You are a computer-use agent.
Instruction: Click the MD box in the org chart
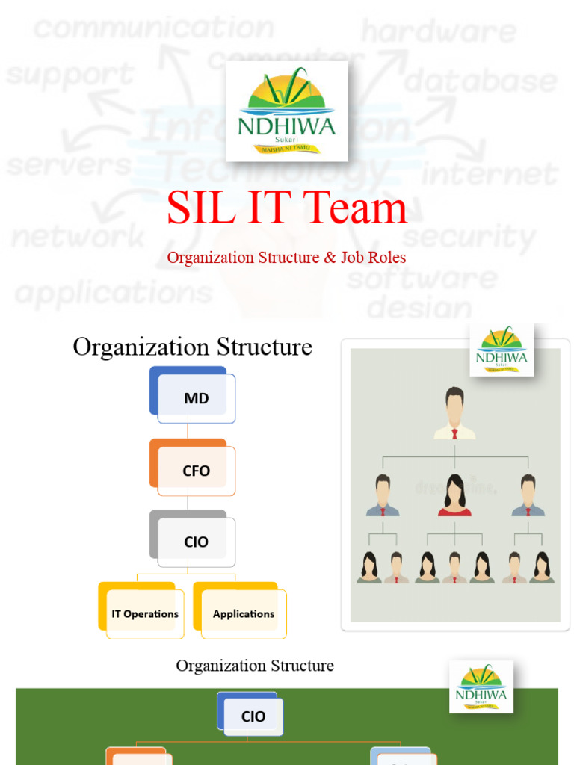[196, 399]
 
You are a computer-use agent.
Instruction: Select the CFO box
[196, 471]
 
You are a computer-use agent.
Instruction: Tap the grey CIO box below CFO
[196, 542]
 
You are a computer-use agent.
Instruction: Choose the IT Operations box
[145, 614]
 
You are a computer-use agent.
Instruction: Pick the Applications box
[244, 614]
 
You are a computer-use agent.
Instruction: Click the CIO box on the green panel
[253, 716]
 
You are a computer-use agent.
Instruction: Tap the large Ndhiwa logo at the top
[287, 111]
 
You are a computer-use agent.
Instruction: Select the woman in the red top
[454, 495]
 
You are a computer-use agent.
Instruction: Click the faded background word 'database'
[481, 81]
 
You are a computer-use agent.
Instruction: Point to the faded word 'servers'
[69, 164]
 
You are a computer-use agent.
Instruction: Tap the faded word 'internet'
[490, 174]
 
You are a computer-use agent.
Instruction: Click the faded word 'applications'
[114, 292]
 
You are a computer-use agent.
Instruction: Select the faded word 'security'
[469, 237]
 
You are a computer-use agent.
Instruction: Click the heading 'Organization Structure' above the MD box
[192, 347]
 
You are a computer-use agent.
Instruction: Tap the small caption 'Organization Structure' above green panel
[255, 666]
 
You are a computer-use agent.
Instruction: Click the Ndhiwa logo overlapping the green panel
[481, 687]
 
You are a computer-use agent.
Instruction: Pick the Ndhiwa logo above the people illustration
[502, 350]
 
